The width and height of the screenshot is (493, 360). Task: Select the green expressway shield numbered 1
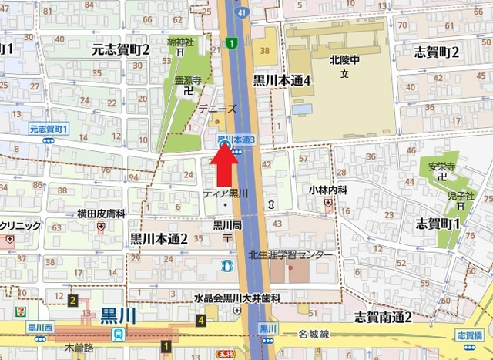(231, 44)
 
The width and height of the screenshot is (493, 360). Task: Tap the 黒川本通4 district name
(282, 79)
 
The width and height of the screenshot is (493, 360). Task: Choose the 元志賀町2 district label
(121, 49)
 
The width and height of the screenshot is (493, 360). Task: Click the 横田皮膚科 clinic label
(101, 213)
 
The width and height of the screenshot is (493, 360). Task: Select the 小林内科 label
(330, 190)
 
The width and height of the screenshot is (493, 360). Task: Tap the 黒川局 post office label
(228, 225)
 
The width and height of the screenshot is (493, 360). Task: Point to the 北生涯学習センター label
(291, 254)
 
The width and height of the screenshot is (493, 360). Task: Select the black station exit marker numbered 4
(201, 320)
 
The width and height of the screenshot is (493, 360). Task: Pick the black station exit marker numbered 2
(72, 301)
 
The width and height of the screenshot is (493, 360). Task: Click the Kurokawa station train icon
(118, 335)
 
